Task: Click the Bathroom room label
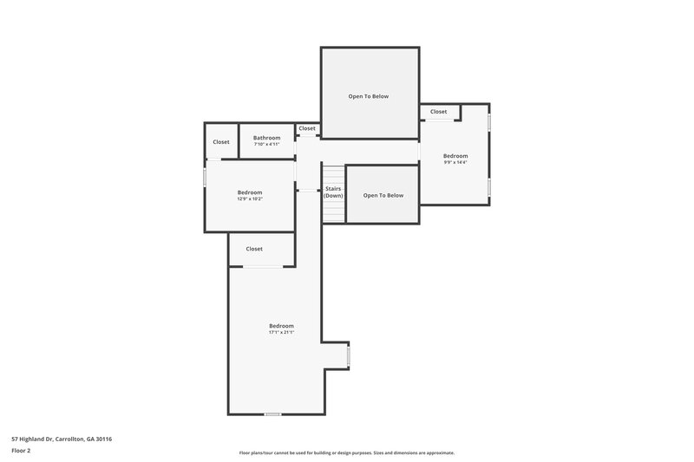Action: (x=266, y=138)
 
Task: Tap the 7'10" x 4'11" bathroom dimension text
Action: (x=266, y=145)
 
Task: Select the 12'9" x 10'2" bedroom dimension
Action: (x=250, y=199)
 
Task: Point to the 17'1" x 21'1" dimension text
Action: (x=281, y=332)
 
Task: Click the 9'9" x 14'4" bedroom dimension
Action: (x=455, y=162)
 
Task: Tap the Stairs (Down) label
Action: (x=333, y=192)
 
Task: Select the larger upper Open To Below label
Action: (x=369, y=96)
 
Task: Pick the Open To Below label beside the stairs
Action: (x=383, y=195)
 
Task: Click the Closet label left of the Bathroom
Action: (x=221, y=141)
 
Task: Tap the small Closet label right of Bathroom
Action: (x=307, y=128)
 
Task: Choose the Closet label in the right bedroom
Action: (x=438, y=112)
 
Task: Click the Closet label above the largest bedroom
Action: (x=254, y=249)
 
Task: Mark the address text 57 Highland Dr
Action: (x=62, y=439)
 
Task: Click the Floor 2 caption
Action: (x=21, y=451)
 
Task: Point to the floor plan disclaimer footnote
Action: (x=346, y=452)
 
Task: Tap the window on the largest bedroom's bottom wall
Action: (x=272, y=413)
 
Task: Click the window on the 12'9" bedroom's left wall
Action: (x=206, y=176)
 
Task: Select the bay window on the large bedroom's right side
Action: (x=349, y=355)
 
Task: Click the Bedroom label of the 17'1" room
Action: (x=281, y=325)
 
